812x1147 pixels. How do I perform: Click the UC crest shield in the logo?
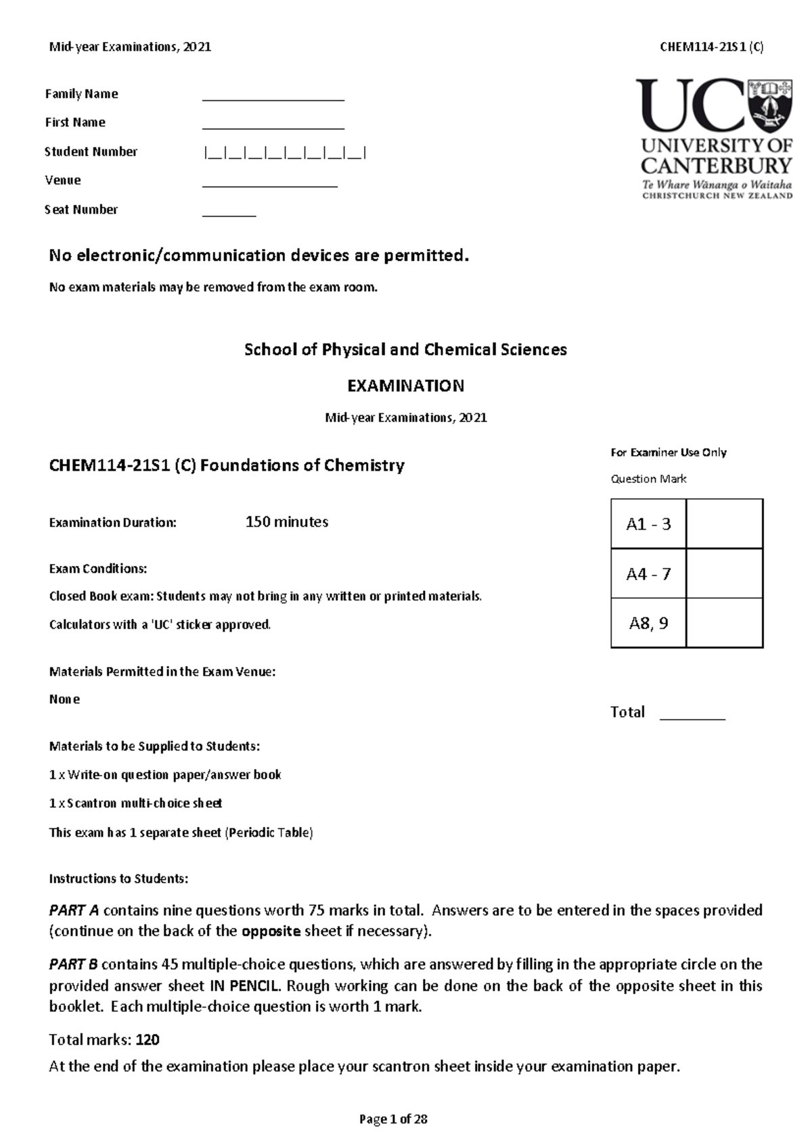click(x=769, y=106)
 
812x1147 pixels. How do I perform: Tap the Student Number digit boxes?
click(x=284, y=153)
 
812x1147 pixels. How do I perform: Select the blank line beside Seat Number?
click(x=229, y=214)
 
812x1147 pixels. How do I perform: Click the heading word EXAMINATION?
click(x=405, y=386)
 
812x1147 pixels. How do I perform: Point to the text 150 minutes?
click(x=286, y=522)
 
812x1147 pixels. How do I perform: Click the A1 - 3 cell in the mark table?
click(x=648, y=524)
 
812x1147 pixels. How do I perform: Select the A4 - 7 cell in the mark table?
click(x=648, y=574)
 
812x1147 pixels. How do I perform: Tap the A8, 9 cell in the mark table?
click(x=648, y=624)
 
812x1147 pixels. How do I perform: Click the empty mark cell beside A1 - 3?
click(x=725, y=524)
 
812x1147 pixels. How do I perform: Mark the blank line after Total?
click(x=692, y=718)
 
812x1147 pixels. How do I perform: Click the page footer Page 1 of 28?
click(x=393, y=1119)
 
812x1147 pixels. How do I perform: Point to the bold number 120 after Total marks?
click(x=148, y=1039)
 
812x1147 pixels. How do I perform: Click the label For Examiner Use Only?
click(x=668, y=452)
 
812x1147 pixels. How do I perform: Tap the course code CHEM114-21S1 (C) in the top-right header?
click(x=711, y=47)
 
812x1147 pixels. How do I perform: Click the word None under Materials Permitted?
click(x=64, y=699)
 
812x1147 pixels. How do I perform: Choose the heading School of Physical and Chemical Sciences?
click(x=405, y=350)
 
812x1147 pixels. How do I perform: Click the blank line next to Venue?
click(x=269, y=185)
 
